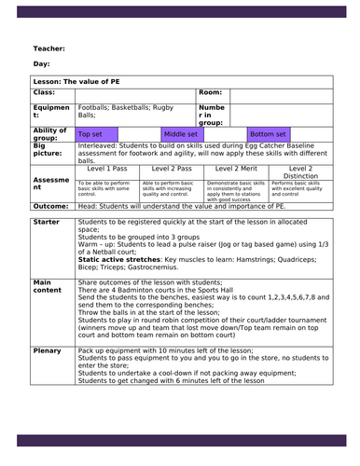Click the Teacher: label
click(x=50, y=48)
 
